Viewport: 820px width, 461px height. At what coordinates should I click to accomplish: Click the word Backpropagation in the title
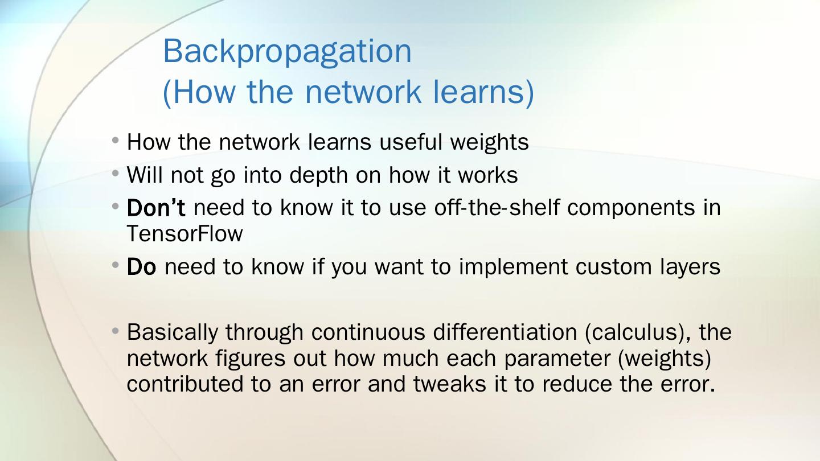coord(287,52)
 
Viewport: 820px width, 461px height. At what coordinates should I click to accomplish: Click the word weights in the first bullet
coord(489,142)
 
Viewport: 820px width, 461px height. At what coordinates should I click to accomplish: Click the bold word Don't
coord(155,208)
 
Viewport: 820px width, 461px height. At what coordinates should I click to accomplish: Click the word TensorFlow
coord(184,234)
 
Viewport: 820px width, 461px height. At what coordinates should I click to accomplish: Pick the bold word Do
coord(141,266)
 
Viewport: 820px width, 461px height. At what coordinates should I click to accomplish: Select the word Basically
coord(172,332)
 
